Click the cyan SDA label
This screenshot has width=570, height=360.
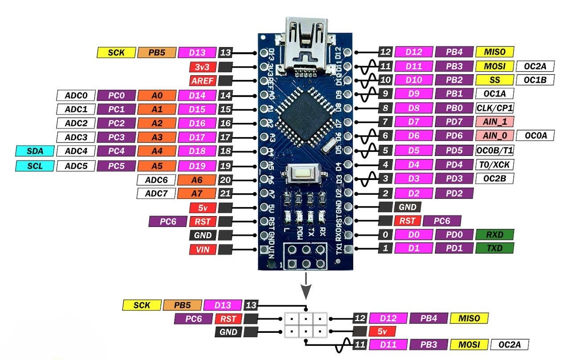(35, 151)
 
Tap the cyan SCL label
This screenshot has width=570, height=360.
(35, 166)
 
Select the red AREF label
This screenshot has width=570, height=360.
(203, 81)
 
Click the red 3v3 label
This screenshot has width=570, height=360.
(203, 67)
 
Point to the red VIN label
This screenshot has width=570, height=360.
(203, 250)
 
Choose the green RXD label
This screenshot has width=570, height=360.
(495, 234)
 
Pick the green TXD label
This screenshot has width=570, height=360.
(495, 248)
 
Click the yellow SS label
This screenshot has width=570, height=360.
(495, 81)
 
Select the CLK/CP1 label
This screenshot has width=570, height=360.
(495, 108)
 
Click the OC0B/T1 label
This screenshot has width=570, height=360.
(495, 150)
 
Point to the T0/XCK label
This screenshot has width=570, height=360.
(495, 164)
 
